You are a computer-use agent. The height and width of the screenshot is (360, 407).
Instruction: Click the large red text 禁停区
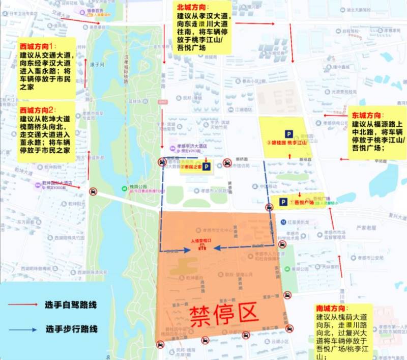point(224,316)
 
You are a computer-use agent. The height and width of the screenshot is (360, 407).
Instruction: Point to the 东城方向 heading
point(368,116)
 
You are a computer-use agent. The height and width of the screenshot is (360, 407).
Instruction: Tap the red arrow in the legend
point(22,304)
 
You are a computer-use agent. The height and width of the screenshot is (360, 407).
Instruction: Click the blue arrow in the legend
point(22,329)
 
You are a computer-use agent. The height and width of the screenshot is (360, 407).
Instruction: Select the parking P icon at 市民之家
point(207,167)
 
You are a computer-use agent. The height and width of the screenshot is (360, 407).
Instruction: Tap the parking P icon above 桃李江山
point(289,134)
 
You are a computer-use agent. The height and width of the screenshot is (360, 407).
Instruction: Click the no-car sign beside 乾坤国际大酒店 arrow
point(93,191)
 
